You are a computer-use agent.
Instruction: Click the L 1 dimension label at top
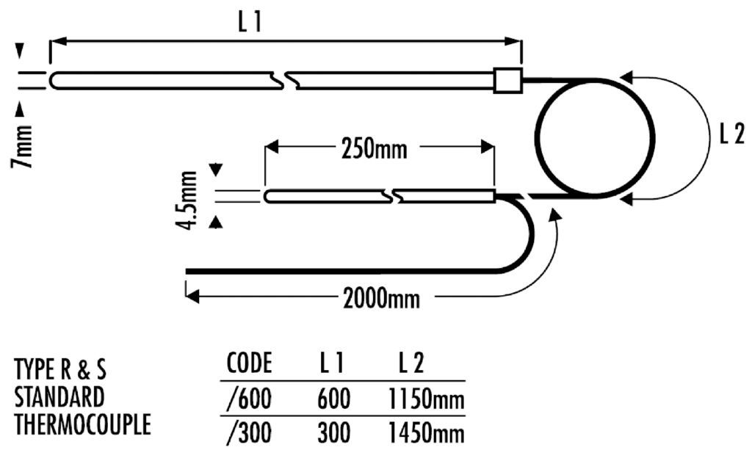point(249,23)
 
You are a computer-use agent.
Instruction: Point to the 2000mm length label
point(381,299)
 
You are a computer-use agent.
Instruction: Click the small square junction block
point(507,80)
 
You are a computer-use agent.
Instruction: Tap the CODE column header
point(250,363)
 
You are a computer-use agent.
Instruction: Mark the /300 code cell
point(250,434)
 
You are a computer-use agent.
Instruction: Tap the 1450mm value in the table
point(424,434)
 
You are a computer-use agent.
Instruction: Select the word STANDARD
point(59,396)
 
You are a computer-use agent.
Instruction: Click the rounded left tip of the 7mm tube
point(54,80)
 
